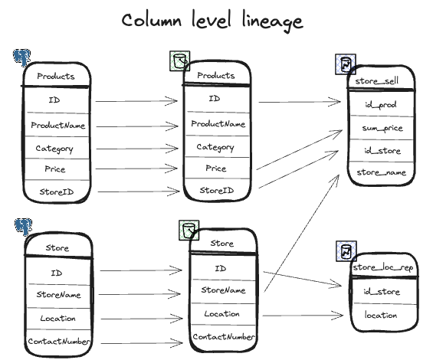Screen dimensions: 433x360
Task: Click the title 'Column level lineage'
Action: (212, 21)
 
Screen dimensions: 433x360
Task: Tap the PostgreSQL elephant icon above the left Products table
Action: (21, 57)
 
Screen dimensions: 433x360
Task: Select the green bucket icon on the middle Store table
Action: (189, 230)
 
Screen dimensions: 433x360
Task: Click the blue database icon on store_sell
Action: (346, 64)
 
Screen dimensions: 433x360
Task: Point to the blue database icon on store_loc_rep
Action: (346, 251)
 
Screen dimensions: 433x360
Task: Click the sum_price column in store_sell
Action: (382, 128)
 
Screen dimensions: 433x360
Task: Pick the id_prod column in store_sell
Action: (381, 105)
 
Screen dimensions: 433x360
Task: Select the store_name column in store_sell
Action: (382, 172)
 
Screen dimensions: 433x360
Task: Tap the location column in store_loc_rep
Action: (381, 315)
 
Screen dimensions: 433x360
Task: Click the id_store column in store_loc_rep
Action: (382, 292)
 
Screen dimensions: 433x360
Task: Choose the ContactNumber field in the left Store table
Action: (59, 342)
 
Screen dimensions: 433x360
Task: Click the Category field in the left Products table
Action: (54, 149)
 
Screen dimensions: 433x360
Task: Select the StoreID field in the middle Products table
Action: (217, 190)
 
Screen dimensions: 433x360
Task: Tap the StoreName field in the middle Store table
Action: (224, 290)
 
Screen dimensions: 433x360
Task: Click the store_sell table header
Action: (377, 81)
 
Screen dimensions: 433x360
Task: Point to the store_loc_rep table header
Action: (383, 267)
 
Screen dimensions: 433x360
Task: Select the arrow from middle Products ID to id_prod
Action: (300, 102)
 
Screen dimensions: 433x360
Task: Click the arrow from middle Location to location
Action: (303, 316)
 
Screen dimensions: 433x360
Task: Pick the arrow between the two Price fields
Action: (136, 169)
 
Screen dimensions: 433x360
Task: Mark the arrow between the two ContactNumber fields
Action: (142, 343)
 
